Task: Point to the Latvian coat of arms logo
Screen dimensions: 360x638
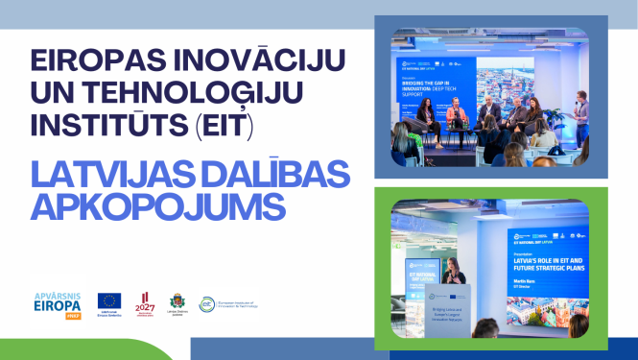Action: (x=177, y=302)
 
